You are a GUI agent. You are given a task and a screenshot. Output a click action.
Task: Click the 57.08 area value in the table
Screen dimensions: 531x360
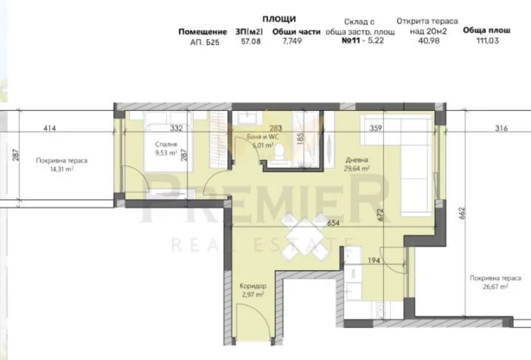(251, 42)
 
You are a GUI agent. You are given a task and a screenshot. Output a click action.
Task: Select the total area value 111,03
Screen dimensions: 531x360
(488, 41)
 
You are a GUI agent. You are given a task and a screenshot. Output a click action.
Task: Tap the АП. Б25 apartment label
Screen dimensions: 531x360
(205, 42)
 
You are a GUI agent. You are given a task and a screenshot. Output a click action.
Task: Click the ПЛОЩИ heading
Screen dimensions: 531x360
(279, 19)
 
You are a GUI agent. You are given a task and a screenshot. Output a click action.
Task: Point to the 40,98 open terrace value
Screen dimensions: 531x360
(429, 41)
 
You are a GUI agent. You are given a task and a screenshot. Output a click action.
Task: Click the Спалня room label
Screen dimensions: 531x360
(166, 145)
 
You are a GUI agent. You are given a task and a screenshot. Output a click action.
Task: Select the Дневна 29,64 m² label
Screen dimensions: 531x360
(357, 164)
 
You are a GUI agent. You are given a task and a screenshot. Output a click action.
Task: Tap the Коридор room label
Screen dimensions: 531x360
(253, 286)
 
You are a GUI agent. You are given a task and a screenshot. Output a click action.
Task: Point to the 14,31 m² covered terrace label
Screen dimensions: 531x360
(61, 169)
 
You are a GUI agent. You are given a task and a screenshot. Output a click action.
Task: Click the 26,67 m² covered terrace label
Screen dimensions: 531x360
(495, 286)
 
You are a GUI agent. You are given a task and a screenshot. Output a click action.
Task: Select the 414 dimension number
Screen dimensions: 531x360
(50, 128)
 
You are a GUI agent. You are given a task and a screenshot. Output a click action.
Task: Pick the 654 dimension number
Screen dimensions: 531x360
(333, 222)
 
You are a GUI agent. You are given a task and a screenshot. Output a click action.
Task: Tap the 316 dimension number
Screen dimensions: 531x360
(502, 128)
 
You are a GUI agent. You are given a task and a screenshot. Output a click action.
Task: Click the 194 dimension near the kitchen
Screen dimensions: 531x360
(374, 260)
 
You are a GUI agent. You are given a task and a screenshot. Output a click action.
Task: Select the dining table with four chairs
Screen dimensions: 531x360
(304, 236)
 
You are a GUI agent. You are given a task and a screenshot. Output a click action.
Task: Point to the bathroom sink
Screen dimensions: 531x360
(247, 118)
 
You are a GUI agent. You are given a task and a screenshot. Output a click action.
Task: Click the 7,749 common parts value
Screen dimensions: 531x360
(292, 41)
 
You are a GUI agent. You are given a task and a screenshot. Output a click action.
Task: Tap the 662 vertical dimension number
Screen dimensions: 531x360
(463, 213)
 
